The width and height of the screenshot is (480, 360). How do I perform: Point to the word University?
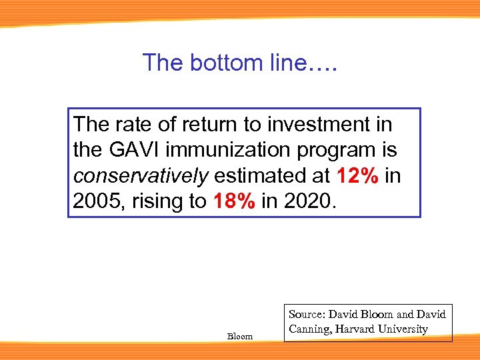point(405,329)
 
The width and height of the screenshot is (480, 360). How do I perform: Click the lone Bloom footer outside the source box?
point(240,337)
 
